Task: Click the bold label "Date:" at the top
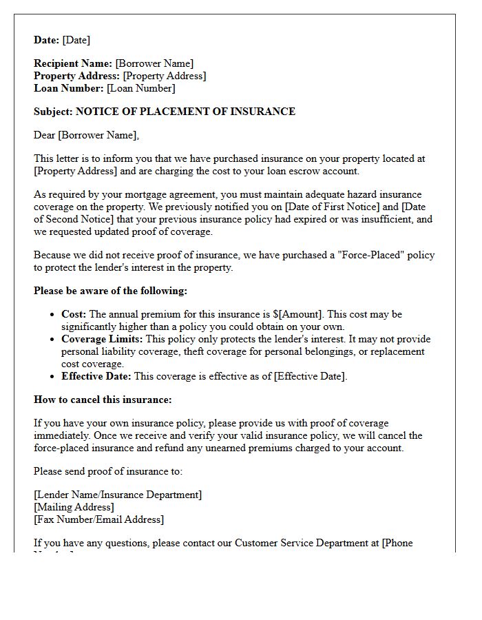[47, 40]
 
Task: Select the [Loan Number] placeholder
[141, 88]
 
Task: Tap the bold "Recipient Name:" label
[73, 63]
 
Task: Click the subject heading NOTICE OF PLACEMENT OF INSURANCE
[185, 112]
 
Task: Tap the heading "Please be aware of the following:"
[110, 291]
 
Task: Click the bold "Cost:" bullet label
[74, 314]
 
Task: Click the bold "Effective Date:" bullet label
[96, 376]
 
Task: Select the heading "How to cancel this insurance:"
[103, 400]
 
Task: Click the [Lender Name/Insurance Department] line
[118, 495]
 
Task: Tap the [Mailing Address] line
[74, 507]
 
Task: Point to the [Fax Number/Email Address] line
[99, 519]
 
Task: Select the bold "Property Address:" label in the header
[77, 76]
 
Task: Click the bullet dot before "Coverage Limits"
[53, 340]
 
